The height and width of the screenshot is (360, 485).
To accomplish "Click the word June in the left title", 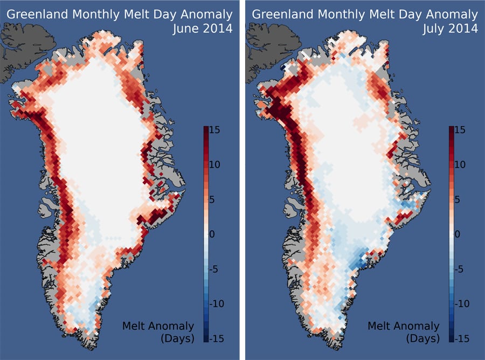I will [185, 29].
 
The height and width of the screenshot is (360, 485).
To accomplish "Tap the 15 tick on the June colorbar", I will [216, 130].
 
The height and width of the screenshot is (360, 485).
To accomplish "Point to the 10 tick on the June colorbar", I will [216, 165].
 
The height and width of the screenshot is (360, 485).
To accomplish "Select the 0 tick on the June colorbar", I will [213, 234].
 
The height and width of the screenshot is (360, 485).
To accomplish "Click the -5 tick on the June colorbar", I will [216, 269].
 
